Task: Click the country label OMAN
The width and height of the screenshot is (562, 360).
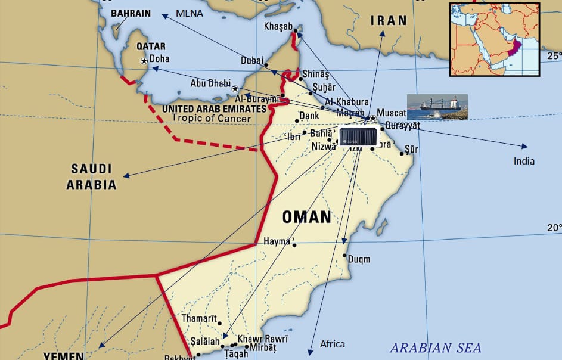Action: pos(306,217)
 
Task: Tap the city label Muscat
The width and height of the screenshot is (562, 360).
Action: pos(392,112)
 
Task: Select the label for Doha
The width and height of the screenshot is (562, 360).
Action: pos(159,59)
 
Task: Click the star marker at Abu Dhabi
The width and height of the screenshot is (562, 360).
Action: pos(234,88)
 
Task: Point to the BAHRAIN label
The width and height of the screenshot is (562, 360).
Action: pos(131,13)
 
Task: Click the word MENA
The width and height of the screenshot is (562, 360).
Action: pos(190,13)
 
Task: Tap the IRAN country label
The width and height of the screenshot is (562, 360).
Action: pos(389,21)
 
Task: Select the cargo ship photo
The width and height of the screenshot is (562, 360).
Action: pos(437,107)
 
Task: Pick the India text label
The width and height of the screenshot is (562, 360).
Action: pos(524,161)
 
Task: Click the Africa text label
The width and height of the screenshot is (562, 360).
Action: pos(332,344)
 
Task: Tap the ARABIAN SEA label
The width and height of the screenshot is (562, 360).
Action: pos(435,347)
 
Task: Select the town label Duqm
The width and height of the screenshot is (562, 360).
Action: pos(358,259)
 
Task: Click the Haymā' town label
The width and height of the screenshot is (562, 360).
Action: pos(277,242)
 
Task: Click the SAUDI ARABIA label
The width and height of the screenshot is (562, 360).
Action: pos(91,176)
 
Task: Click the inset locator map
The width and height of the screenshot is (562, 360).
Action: pos(494,39)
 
